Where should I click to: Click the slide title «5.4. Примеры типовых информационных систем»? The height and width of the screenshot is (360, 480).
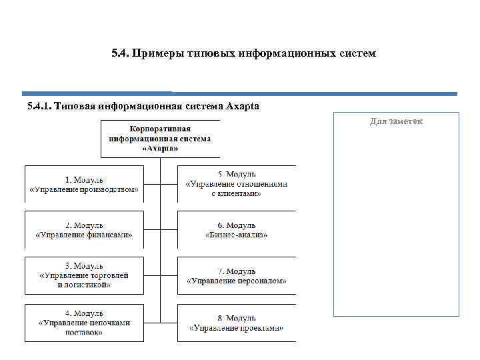244,52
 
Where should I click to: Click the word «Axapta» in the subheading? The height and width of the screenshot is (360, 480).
243,106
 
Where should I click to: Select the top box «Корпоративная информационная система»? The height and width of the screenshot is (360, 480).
160,138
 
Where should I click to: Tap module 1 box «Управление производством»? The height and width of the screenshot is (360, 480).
85,184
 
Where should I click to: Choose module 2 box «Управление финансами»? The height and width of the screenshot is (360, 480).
85,230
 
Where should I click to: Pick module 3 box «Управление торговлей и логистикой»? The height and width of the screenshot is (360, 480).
85,275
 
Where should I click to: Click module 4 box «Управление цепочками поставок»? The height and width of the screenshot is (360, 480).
85,323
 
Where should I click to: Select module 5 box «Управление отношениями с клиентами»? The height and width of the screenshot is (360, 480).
237,184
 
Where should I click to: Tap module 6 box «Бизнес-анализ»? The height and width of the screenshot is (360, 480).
237,230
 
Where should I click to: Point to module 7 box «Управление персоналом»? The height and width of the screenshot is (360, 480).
237,275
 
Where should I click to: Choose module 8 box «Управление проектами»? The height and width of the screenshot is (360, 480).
237,323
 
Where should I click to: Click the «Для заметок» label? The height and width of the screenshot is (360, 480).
396,121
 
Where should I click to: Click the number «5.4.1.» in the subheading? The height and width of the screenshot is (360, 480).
40,106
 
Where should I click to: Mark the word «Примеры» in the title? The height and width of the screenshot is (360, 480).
156,52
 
